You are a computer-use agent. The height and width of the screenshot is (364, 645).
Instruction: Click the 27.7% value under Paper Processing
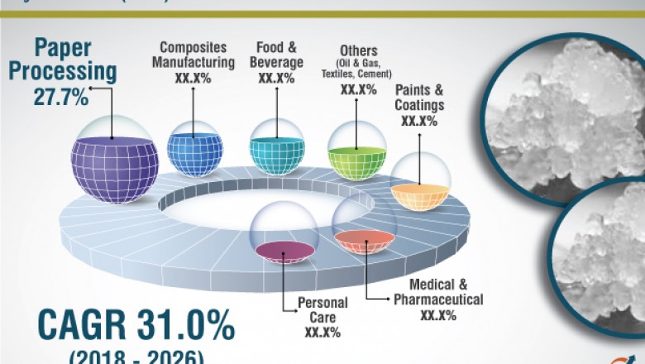(60, 97)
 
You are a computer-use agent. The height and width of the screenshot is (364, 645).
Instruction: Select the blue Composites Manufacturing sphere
(194, 149)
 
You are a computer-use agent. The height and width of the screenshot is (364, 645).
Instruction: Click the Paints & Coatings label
(419, 98)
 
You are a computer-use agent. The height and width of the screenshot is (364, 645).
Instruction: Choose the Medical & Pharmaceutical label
(437, 292)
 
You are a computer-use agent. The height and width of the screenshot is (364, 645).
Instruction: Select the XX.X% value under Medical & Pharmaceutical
(438, 315)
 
